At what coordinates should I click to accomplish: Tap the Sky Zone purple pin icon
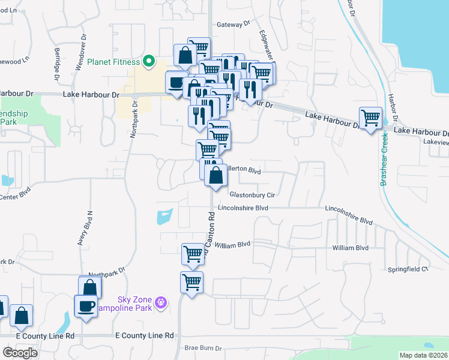160,302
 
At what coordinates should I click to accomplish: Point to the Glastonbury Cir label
252,195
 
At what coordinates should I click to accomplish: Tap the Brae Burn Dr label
203,348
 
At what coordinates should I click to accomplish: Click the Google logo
20,353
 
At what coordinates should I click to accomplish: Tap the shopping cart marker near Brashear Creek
370,117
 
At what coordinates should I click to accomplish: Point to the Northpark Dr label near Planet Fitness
134,119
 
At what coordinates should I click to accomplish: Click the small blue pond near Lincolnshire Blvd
164,216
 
